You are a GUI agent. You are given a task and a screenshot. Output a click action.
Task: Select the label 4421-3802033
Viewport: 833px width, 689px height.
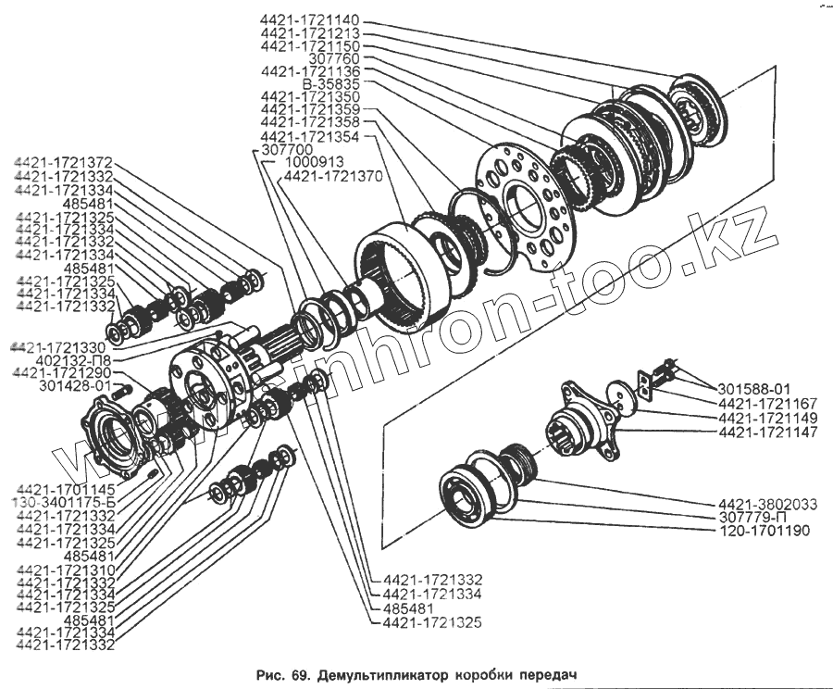click(x=767, y=504)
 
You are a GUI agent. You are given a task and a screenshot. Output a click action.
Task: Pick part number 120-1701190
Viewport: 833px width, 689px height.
click(x=767, y=531)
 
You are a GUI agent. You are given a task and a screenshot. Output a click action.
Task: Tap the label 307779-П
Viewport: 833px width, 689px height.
click(x=767, y=518)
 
